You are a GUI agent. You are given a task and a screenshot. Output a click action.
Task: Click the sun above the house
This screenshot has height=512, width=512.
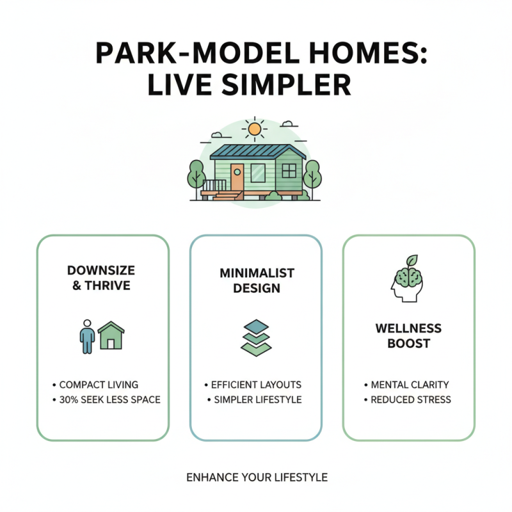click(255, 129)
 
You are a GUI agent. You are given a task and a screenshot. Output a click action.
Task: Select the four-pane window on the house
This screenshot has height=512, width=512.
click(289, 170)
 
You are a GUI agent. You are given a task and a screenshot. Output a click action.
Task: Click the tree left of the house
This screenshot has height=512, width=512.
click(196, 174)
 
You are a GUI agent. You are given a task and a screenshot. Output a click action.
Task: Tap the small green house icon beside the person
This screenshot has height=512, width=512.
click(111, 335)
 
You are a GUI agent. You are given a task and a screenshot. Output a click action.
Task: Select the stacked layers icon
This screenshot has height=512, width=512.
click(256, 337)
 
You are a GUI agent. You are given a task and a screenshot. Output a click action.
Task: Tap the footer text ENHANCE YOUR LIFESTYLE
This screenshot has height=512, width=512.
click(257, 477)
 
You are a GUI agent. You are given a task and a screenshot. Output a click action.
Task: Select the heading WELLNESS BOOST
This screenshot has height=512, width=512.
click(408, 336)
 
